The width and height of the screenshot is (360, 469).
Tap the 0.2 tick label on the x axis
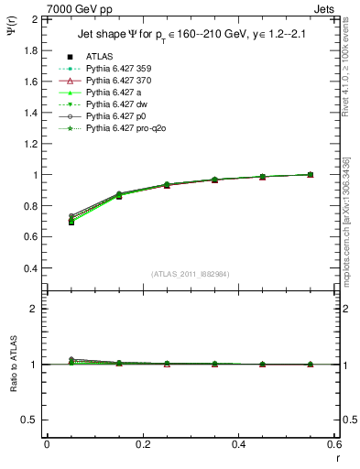(142, 443)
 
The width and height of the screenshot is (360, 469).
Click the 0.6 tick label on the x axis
(333, 443)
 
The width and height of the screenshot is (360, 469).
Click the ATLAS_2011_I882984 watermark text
(190, 274)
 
